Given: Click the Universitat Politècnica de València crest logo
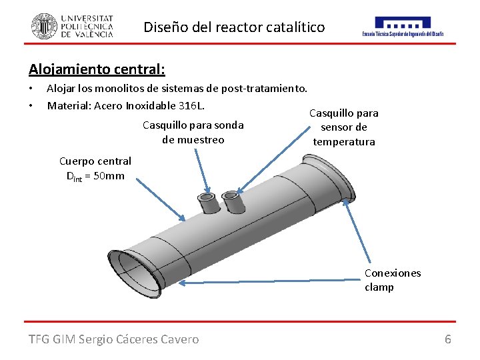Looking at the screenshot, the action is (x=44, y=26).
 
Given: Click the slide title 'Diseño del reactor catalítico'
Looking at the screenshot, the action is (x=234, y=27).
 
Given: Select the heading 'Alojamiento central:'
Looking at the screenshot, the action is (x=97, y=69).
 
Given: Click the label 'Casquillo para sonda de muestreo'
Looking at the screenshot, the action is (x=193, y=132).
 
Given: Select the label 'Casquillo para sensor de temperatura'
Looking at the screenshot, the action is (x=344, y=127).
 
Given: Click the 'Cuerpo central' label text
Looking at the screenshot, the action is (x=95, y=161).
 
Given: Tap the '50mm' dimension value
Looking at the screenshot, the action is (x=109, y=176).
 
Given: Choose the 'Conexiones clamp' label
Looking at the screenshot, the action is (x=393, y=280).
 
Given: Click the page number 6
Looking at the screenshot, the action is (x=448, y=339).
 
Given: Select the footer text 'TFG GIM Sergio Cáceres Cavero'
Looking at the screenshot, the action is (x=113, y=339).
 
